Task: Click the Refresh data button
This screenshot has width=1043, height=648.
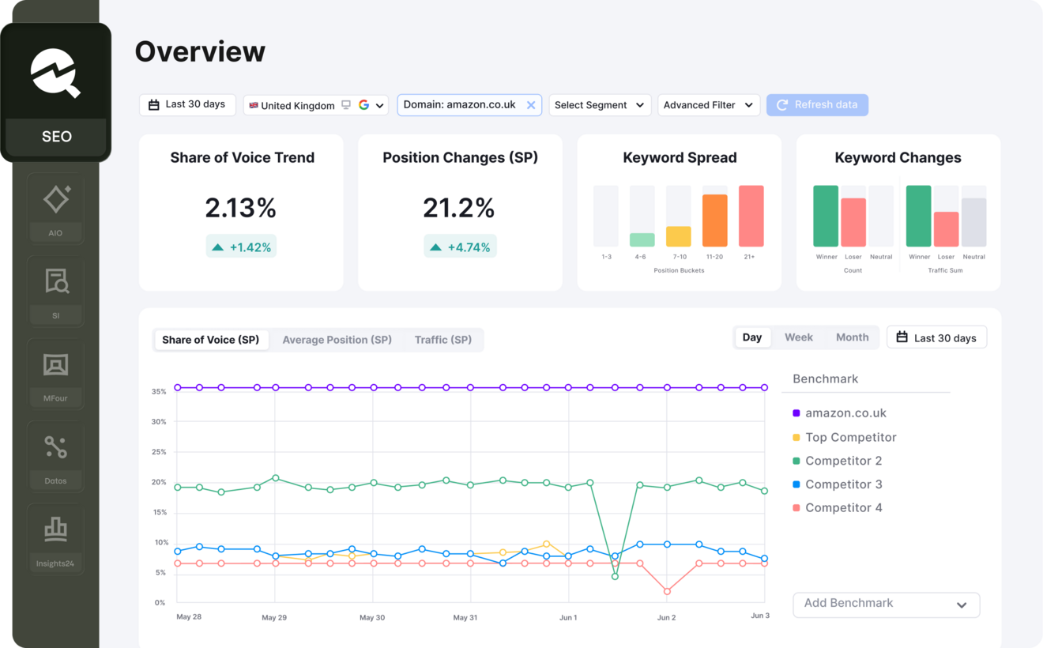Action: pyautogui.click(x=817, y=105)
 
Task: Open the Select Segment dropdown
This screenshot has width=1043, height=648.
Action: pyautogui.click(x=600, y=105)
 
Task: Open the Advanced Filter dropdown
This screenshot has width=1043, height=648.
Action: pyautogui.click(x=709, y=105)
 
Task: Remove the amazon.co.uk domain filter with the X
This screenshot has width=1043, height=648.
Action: pyautogui.click(x=531, y=105)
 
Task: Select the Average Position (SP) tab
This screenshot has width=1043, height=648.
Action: pyautogui.click(x=337, y=340)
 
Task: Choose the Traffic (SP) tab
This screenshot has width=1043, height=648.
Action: pyautogui.click(x=443, y=340)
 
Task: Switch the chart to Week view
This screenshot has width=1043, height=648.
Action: pyautogui.click(x=799, y=337)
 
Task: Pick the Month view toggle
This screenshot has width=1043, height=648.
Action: pyautogui.click(x=852, y=337)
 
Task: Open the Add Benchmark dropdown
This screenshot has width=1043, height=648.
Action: pyautogui.click(x=886, y=605)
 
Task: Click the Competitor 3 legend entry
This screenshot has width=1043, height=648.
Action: pyautogui.click(x=838, y=484)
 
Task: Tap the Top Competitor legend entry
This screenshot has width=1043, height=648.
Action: pyautogui.click(x=844, y=437)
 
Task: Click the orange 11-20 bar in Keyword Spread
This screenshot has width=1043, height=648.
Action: pyautogui.click(x=715, y=220)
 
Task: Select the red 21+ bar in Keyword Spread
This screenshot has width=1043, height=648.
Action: pyautogui.click(x=751, y=216)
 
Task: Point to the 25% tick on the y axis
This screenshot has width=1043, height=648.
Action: pyautogui.click(x=159, y=451)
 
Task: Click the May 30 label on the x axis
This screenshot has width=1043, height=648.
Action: pyautogui.click(x=372, y=617)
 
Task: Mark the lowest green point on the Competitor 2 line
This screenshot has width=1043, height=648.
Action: pyautogui.click(x=615, y=576)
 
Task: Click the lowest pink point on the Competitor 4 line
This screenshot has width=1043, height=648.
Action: pyautogui.click(x=667, y=591)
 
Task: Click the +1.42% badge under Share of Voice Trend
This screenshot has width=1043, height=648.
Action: pyautogui.click(x=241, y=247)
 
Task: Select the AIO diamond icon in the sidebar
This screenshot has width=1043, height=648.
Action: pyautogui.click(x=56, y=199)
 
